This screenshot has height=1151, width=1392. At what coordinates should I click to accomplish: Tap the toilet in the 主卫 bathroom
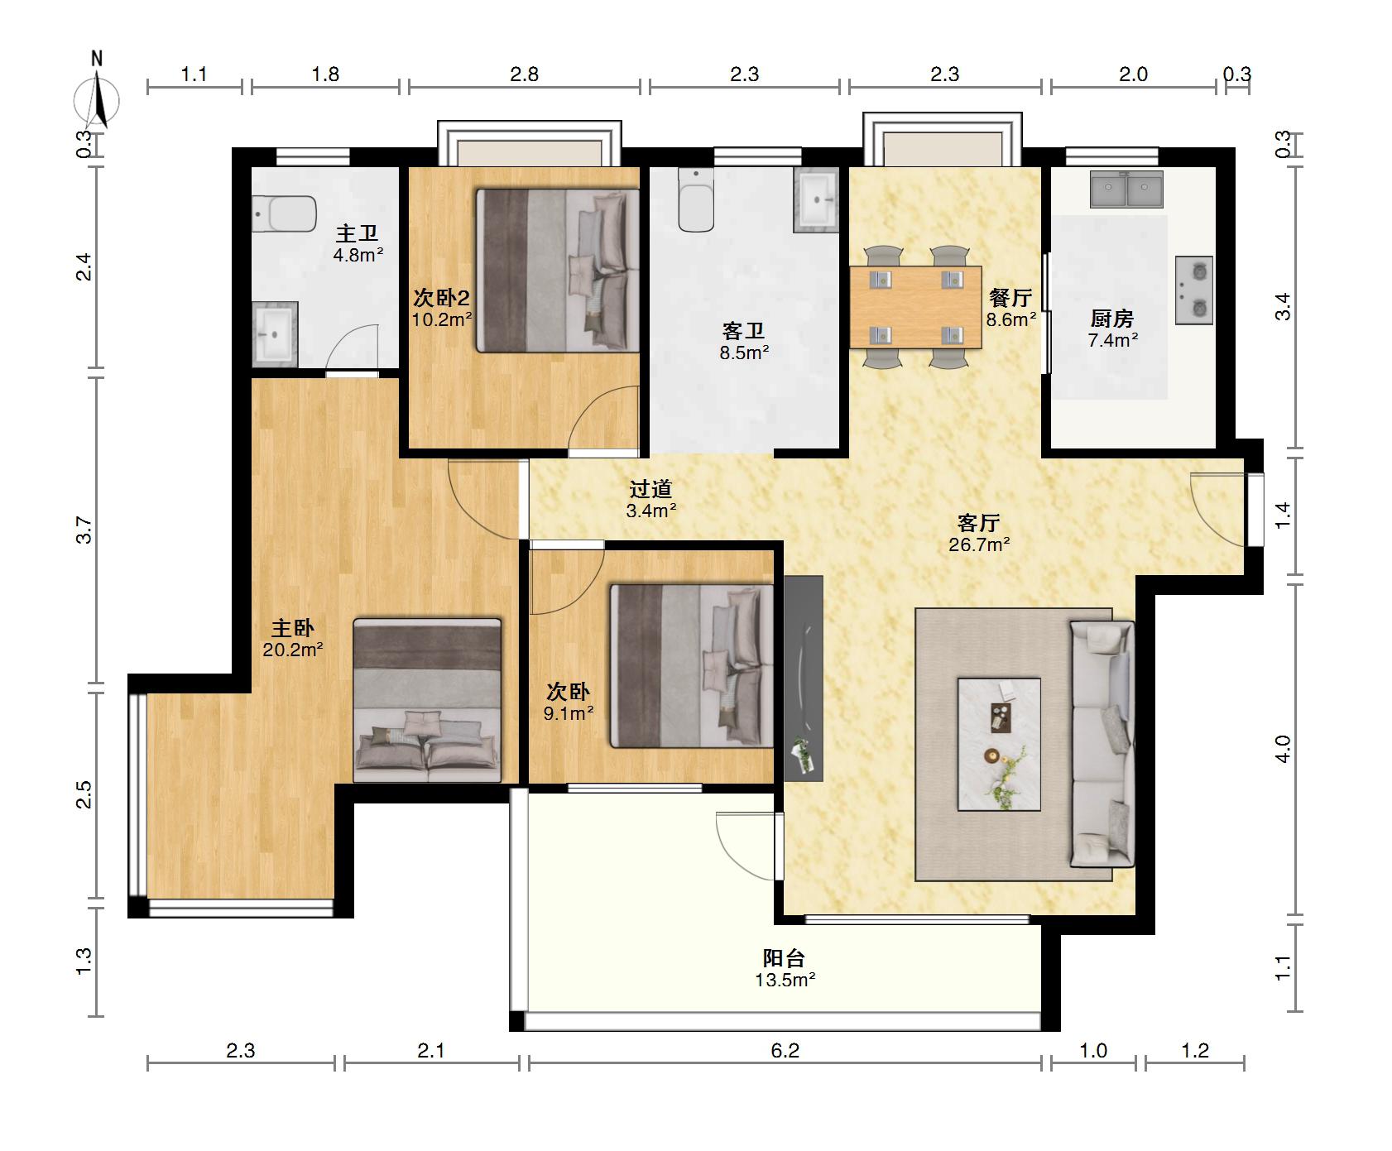pyautogui.click(x=284, y=214)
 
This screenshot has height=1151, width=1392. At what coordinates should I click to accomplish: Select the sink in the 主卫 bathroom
pyautogui.click(x=275, y=333)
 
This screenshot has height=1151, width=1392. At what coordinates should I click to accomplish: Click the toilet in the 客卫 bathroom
pyautogui.click(x=696, y=200)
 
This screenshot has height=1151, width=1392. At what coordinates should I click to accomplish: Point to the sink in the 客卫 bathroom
pyautogui.click(x=816, y=199)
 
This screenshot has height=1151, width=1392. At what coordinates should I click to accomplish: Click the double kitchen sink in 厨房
pyautogui.click(x=1126, y=189)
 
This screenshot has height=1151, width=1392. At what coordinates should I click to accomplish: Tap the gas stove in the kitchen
pyautogui.click(x=1194, y=290)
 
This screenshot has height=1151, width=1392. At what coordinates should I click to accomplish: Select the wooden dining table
pyautogui.click(x=915, y=307)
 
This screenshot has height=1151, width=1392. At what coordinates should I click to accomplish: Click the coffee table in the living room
pyautogui.click(x=999, y=744)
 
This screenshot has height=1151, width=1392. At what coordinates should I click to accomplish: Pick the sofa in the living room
pyautogui.click(x=1102, y=744)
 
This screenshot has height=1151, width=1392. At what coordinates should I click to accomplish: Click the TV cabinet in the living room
pyautogui.click(x=804, y=679)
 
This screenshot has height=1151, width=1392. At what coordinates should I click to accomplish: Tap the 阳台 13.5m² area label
pyautogui.click(x=785, y=969)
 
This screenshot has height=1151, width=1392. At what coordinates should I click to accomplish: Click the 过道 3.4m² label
pyautogui.click(x=651, y=500)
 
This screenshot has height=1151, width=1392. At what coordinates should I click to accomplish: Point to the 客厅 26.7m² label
pyautogui.click(x=979, y=533)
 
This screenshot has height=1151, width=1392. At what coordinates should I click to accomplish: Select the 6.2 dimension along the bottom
pyautogui.click(x=785, y=1051)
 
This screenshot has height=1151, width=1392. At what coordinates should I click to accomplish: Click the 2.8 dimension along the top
pyautogui.click(x=524, y=74)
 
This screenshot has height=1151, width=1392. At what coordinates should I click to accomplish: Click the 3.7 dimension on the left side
pyautogui.click(x=84, y=530)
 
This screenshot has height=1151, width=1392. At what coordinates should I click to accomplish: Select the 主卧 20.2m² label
pyautogui.click(x=293, y=639)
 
